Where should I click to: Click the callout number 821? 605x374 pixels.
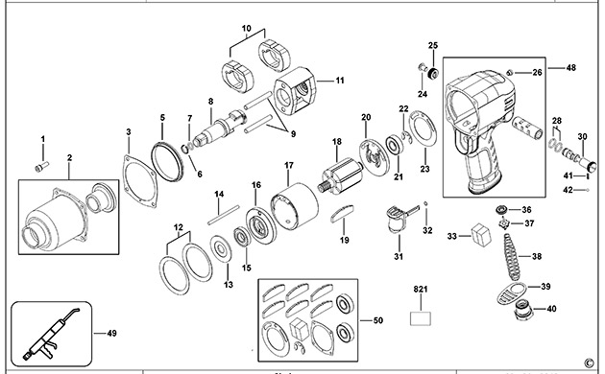[x=421, y=289]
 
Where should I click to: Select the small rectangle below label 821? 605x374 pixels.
[x=421, y=318]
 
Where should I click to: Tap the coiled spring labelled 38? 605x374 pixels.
[x=512, y=256]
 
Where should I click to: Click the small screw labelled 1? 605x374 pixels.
[x=41, y=167]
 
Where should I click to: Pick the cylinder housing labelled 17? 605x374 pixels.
[x=294, y=207]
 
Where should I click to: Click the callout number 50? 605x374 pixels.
[x=378, y=320]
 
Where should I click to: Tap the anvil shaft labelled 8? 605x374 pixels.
[x=219, y=129]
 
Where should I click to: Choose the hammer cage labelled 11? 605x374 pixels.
[x=295, y=91]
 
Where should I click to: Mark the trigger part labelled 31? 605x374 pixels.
[x=399, y=219]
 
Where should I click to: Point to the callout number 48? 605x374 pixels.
[x=571, y=68]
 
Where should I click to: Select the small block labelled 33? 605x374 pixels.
[x=481, y=234]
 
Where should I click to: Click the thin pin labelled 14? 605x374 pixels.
[x=224, y=215]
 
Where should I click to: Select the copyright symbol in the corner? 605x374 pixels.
[x=589, y=362]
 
